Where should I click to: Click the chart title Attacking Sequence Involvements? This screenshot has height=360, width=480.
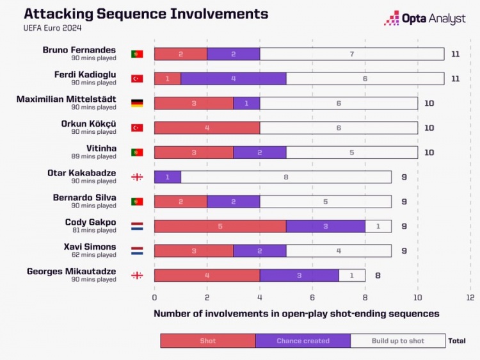click(146, 13)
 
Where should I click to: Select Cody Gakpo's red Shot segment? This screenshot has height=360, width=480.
click(220, 226)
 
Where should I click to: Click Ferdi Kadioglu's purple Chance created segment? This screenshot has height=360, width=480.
click(233, 79)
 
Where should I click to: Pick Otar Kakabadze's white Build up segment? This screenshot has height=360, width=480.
click(285, 177)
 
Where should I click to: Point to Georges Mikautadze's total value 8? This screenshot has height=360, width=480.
click(378, 275)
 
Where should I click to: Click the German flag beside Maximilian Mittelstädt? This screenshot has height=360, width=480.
click(137, 103)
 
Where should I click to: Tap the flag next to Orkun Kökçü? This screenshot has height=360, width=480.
click(137, 127)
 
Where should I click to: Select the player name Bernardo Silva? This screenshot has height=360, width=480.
click(84, 197)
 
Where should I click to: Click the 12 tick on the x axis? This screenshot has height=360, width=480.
click(470, 298)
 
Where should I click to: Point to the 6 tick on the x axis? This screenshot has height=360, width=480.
click(312, 298)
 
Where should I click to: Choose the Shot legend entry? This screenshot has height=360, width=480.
click(207, 341)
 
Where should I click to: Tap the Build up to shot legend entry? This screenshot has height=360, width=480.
click(397, 341)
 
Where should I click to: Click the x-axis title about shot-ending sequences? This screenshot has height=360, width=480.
click(296, 314)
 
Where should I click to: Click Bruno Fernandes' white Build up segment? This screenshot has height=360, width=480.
click(351, 54)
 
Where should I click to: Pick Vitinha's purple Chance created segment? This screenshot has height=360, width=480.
click(259, 152)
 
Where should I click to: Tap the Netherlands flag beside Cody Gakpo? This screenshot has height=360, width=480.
click(137, 226)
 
